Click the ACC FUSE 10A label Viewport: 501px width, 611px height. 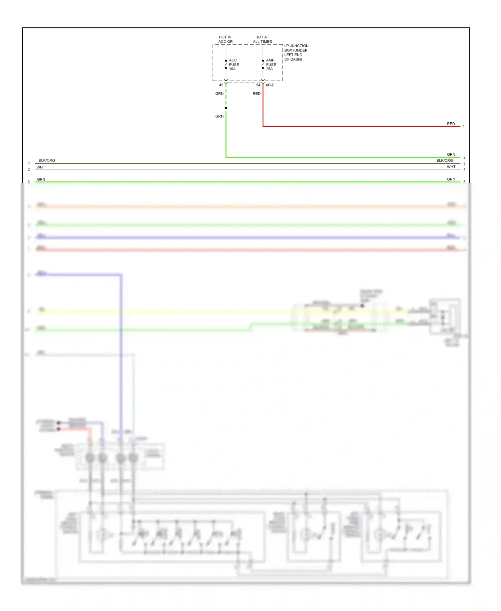[x=233, y=65]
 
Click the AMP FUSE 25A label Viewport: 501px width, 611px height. [x=271, y=65]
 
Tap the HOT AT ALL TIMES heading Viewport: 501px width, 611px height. [x=262, y=39]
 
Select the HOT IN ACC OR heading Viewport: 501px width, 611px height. [x=225, y=39]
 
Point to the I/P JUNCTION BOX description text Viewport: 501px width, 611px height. [x=296, y=52]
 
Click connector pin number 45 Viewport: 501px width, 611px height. [x=221, y=85]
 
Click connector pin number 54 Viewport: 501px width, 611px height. [x=258, y=85]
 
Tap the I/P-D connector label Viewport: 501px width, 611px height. [x=270, y=85]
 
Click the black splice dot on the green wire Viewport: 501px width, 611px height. [x=226, y=108]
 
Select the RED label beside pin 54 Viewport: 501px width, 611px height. [x=256, y=94]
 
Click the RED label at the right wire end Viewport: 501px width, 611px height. [x=451, y=124]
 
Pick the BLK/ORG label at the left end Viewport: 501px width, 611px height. [x=47, y=160]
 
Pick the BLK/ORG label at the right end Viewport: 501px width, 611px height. [x=444, y=160]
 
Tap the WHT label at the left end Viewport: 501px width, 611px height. [x=41, y=167]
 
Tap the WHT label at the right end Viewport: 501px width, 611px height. [x=451, y=167]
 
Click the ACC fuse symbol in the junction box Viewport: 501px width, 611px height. [x=226, y=64]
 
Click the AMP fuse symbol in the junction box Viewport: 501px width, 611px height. [x=263, y=64]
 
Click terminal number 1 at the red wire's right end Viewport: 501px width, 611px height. [x=464, y=127]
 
